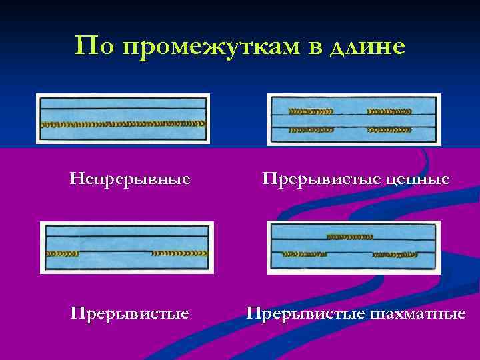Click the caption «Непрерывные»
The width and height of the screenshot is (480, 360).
click(129, 179)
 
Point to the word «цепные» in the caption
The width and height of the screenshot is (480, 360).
click(419, 179)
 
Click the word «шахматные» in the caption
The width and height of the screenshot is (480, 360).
click(419, 313)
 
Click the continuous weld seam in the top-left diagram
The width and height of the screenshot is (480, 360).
click(123, 125)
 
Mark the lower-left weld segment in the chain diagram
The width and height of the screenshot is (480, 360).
click(310, 129)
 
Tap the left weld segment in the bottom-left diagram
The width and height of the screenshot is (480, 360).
click(61, 253)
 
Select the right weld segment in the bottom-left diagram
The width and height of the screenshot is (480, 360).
click(180, 253)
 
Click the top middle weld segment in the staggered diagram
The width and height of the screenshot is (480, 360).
click(350, 236)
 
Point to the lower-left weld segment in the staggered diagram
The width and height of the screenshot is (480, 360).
click(303, 253)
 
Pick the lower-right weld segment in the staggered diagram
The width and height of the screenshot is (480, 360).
click(400, 253)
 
